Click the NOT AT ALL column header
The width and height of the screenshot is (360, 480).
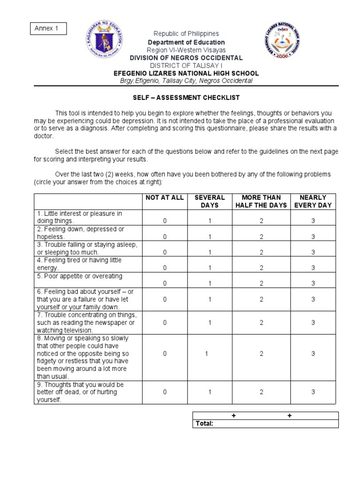165,197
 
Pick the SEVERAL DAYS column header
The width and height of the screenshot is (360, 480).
210,201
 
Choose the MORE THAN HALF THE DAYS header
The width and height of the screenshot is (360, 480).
261,201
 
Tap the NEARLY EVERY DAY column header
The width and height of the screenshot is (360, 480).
313,201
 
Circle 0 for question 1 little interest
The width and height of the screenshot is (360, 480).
165,221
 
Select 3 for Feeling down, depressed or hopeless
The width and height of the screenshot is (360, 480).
313,237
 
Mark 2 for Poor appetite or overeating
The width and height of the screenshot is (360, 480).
261,283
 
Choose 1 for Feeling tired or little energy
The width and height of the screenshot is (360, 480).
210,268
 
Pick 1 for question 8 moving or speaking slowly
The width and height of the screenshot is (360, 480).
206,354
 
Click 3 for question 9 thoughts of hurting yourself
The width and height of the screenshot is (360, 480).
313,392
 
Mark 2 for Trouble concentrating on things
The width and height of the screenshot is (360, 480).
261,322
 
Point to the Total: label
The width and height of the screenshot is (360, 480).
204,424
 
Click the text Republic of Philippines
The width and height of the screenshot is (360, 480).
186,34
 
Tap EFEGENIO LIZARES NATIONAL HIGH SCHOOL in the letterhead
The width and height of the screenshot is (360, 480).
186,74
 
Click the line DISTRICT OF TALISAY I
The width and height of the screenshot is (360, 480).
186,66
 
